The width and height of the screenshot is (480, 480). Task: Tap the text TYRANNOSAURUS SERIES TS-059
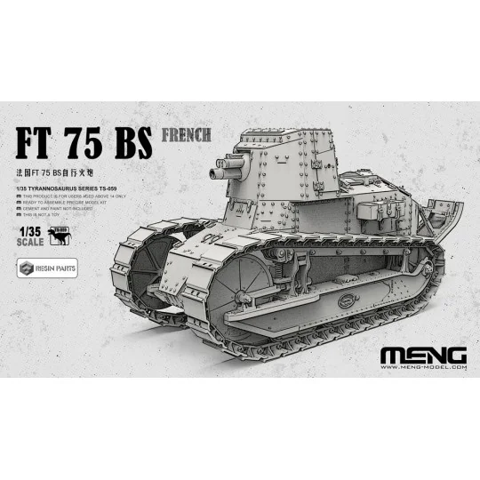click(68, 189)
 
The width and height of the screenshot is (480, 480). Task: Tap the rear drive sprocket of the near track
click(431, 267)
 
